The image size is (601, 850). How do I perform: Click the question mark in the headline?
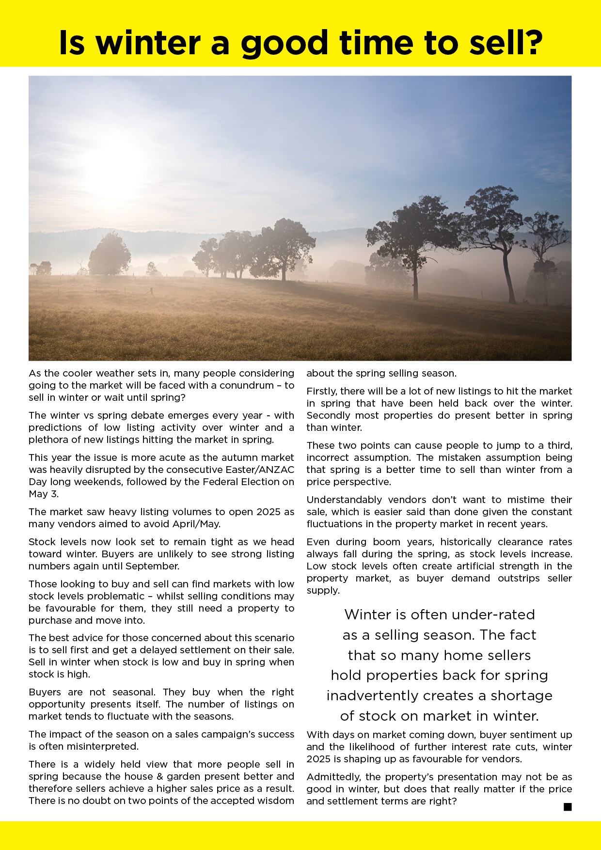click(531, 43)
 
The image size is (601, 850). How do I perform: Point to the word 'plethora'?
click(47, 440)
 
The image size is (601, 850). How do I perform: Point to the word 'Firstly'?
click(322, 391)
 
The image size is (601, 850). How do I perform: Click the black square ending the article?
click(568, 807)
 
